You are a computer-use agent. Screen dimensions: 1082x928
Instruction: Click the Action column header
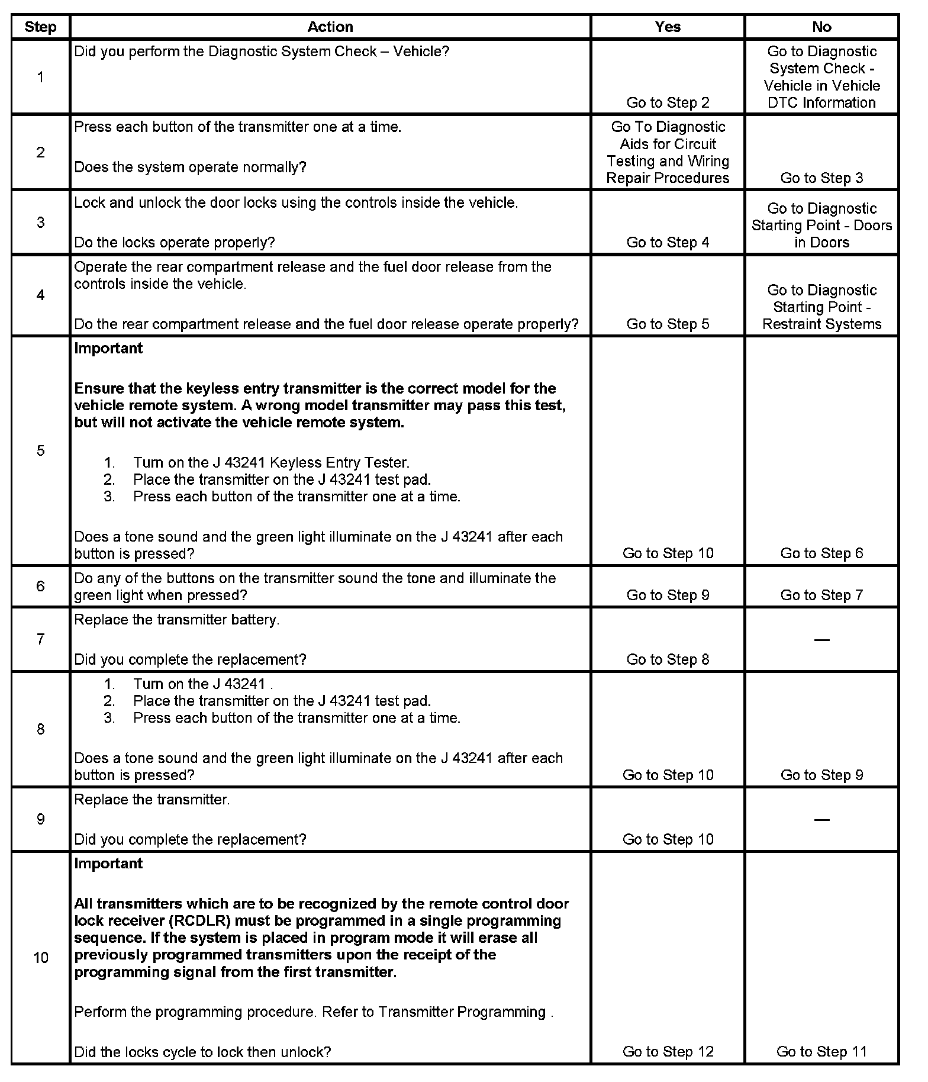point(330,27)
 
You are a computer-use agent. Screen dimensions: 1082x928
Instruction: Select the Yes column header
point(668,27)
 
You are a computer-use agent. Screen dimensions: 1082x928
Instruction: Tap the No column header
point(821,27)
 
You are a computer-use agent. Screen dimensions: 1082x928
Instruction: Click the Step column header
point(40,27)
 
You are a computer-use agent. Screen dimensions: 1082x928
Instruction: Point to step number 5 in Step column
point(40,450)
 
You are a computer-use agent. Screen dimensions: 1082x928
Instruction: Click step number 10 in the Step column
point(40,958)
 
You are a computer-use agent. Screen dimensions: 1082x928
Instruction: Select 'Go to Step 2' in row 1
point(668,102)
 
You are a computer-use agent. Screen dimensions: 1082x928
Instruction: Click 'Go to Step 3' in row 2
point(821,178)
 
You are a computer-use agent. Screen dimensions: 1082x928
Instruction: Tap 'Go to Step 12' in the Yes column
point(668,1051)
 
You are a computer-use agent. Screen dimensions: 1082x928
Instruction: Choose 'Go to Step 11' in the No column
point(821,1051)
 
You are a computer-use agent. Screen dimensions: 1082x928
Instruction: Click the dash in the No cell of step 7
point(821,639)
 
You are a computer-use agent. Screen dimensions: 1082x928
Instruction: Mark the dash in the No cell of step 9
point(821,819)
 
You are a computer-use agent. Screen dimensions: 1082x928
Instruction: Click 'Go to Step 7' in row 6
point(821,595)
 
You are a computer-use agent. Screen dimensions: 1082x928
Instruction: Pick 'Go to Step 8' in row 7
point(668,659)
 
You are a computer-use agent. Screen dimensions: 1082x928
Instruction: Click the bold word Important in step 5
point(108,348)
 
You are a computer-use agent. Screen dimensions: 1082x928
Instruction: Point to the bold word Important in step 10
point(108,863)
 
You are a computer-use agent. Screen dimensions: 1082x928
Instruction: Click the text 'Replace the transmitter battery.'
point(176,620)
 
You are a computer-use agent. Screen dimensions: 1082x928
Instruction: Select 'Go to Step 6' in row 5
point(821,553)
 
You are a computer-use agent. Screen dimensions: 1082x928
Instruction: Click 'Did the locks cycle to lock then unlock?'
point(202,1052)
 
